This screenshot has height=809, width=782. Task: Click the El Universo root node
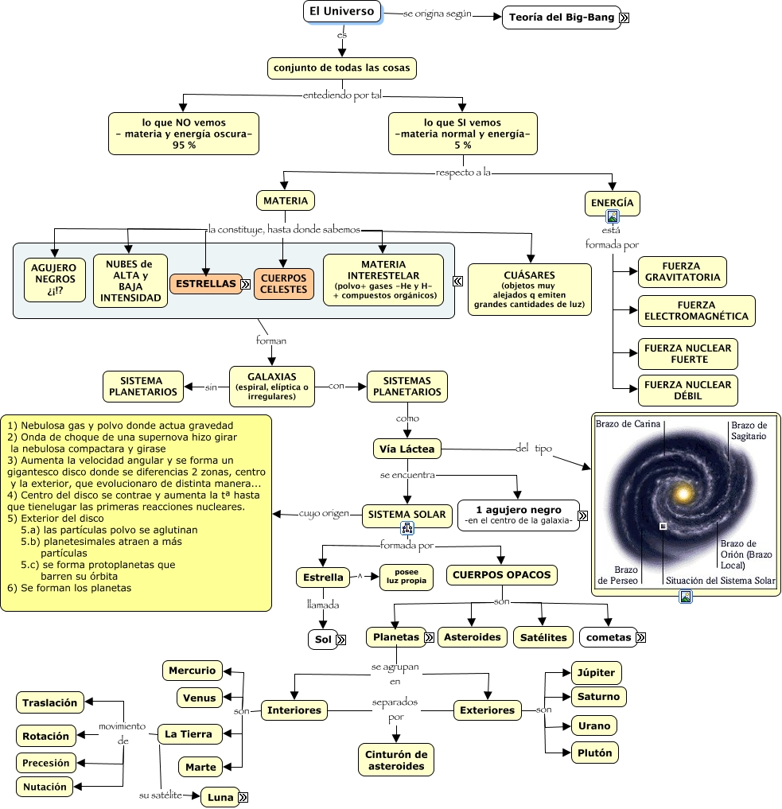pyautogui.click(x=342, y=11)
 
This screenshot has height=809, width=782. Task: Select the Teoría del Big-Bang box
pyautogui.click(x=561, y=18)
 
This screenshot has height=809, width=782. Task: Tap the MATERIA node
pyautogui.click(x=286, y=200)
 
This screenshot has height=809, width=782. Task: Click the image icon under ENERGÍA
pyautogui.click(x=613, y=216)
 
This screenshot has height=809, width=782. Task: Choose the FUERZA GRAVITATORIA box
pyautogui.click(x=682, y=272)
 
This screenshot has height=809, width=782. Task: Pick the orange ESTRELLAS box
pyautogui.click(x=206, y=284)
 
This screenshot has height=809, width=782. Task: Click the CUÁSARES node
pyautogui.click(x=529, y=290)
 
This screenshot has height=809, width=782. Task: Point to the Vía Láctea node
pyautogui.click(x=407, y=449)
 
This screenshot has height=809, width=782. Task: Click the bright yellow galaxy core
pyautogui.click(x=683, y=494)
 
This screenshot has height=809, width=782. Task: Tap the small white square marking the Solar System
pyautogui.click(x=663, y=526)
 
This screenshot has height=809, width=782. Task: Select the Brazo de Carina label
pyautogui.click(x=628, y=424)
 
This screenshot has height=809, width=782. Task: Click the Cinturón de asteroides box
pyautogui.click(x=396, y=760)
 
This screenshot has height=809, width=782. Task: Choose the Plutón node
pyautogui.click(x=595, y=753)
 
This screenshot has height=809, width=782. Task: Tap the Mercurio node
pyautogui.click(x=193, y=671)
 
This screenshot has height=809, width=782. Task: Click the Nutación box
pyautogui.click(x=45, y=787)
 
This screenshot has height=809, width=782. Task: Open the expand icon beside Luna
pyautogui.click(x=243, y=797)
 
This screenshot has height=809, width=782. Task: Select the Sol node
pyautogui.click(x=323, y=640)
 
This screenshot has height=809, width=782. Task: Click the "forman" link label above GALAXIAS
pyautogui.click(x=270, y=340)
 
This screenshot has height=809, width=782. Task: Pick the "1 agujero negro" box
pyautogui.click(x=519, y=515)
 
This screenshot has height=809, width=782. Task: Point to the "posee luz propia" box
pyautogui.click(x=407, y=576)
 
